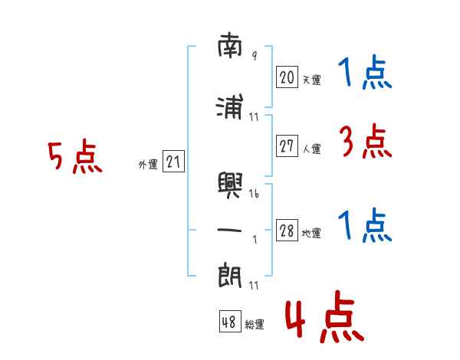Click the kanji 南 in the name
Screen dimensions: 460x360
coord(230,45)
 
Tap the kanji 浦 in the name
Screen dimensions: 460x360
coord(230,106)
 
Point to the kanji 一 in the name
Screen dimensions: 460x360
coord(229,230)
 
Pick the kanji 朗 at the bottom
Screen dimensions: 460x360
coord(230,277)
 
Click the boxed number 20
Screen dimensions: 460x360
coord(287,77)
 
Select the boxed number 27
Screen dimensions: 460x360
coord(287,146)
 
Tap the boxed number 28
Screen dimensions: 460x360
coord(287,230)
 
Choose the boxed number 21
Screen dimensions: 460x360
coord(173,162)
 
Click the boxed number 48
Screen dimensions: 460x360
coord(230,321)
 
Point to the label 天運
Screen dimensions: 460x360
coord(312,80)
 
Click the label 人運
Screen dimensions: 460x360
coord(312,149)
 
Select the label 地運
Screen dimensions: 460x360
coord(311,234)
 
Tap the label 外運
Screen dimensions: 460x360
coord(148,165)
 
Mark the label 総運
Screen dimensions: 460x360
coord(255,325)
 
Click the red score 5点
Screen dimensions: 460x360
coord(75,156)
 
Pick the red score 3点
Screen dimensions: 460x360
coord(366,141)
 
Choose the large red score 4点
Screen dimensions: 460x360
coord(325,317)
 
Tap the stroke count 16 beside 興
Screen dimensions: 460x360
coord(254,193)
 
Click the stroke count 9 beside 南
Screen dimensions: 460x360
coord(255,55)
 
